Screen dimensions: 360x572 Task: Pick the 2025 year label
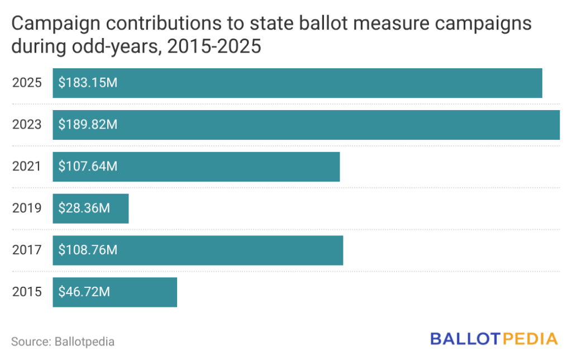27,83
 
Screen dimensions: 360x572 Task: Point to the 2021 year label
27,167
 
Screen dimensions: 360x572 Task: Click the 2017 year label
27,250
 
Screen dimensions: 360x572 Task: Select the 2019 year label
27,209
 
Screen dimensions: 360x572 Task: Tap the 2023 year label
27,125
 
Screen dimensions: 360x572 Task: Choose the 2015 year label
27,292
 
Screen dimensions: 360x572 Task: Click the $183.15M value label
88,83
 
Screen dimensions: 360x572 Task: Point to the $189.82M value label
88,125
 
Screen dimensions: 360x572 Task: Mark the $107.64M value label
88,167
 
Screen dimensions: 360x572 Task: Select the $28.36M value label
84,209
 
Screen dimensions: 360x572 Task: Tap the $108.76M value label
88,250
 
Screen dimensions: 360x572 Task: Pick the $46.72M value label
84,292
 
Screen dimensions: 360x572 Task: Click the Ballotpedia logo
494,339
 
